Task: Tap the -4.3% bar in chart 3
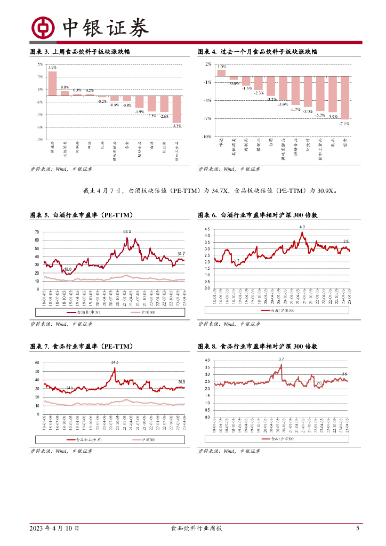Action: tap(177, 109)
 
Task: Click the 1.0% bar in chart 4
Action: tap(221, 74)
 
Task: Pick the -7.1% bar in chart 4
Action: tap(345, 98)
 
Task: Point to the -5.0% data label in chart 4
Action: tap(308, 111)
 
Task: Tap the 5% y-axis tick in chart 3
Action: tap(40, 65)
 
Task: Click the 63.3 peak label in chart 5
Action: tap(127, 231)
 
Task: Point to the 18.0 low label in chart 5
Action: tap(68, 270)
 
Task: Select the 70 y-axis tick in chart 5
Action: tap(37, 232)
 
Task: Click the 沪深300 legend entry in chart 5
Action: tap(134, 312)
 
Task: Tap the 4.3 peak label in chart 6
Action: tap(302, 227)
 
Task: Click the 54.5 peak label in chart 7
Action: tap(115, 363)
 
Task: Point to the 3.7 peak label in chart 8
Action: tap(281, 359)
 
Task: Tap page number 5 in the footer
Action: tap(358, 528)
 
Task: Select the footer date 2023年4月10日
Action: tap(54, 528)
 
